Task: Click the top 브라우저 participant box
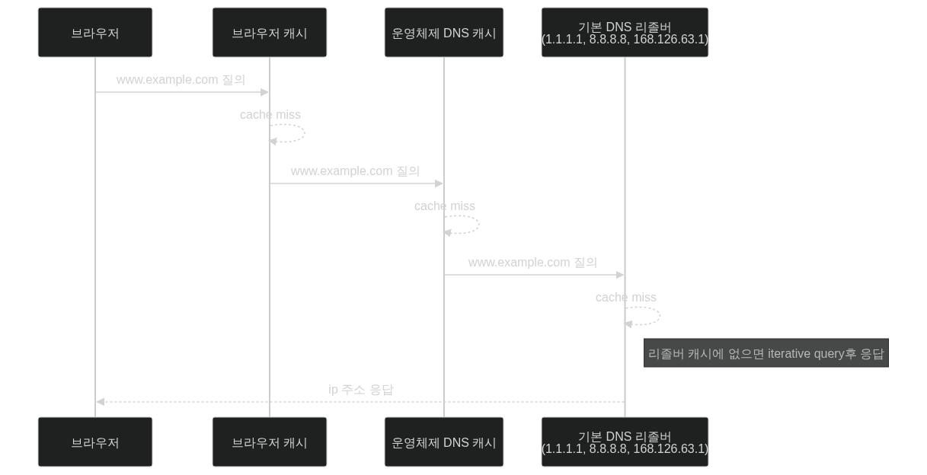tap(95, 33)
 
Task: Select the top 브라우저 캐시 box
tap(270, 33)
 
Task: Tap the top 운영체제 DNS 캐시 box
tap(444, 33)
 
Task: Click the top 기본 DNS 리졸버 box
tap(625, 33)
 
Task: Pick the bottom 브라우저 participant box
tap(95, 442)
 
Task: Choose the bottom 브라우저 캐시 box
tap(270, 442)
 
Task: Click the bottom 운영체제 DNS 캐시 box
tap(444, 442)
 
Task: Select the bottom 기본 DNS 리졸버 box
tap(625, 442)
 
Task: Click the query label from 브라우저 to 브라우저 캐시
tap(181, 80)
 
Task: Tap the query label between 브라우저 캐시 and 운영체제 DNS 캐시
tap(355, 171)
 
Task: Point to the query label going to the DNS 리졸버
tap(532, 263)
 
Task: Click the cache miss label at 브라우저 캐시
tap(270, 115)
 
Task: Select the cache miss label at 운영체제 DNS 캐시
tap(445, 206)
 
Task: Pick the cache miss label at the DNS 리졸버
tap(626, 298)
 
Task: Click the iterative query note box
tap(766, 353)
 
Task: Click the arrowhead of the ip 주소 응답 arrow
tap(99, 401)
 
